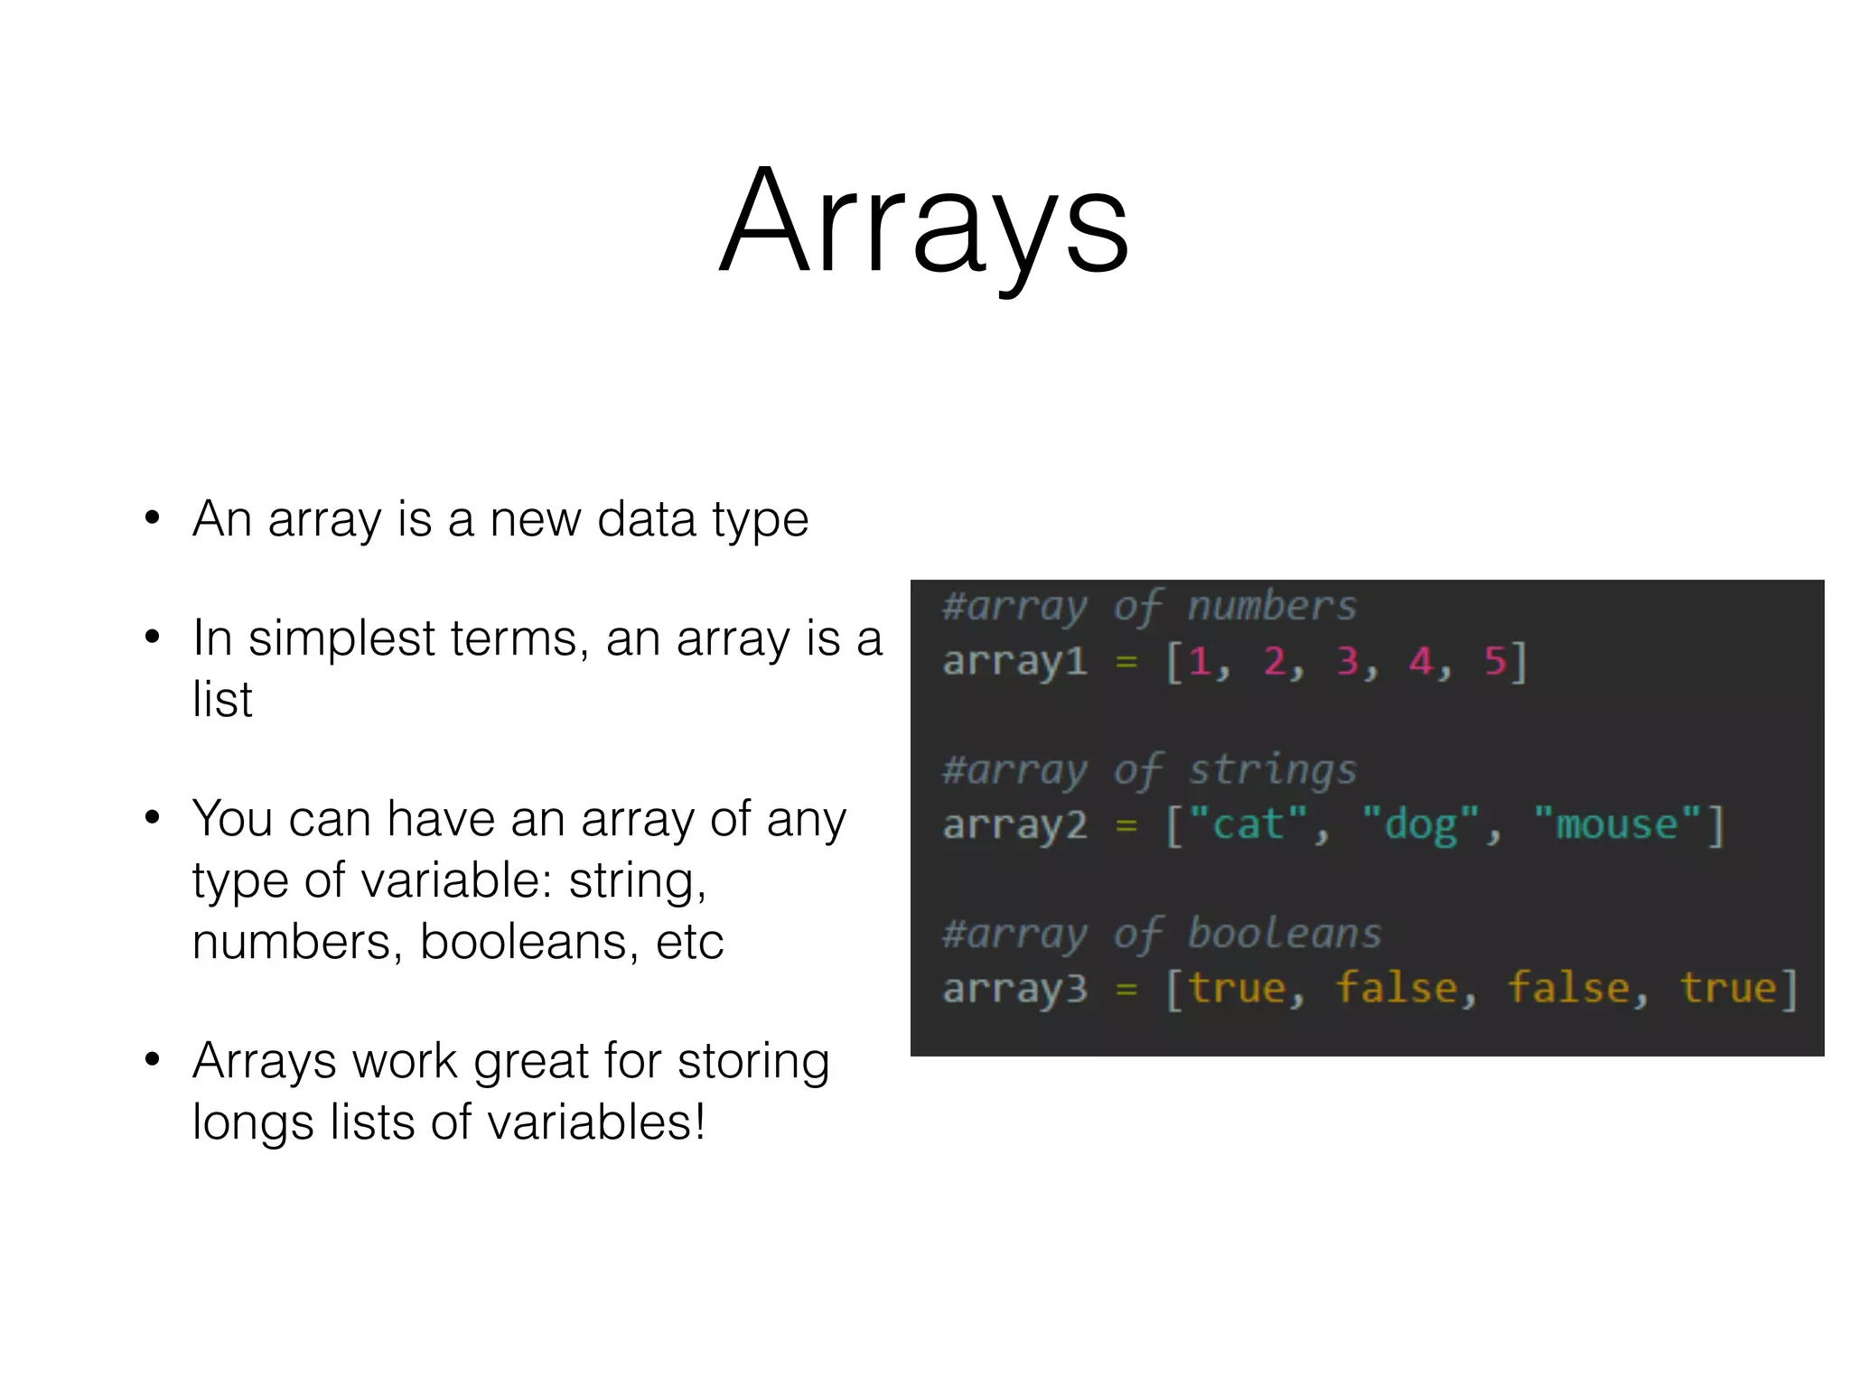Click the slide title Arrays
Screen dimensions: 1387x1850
pyautogui.click(x=923, y=221)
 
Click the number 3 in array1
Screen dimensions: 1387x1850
pyautogui.click(x=1348, y=661)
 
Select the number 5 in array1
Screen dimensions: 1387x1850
pyautogui.click(x=1495, y=661)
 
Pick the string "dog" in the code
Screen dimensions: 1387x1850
pyautogui.click(x=1421, y=824)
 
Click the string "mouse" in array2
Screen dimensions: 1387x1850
pyautogui.click(x=1617, y=824)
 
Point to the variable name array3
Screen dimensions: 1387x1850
pyautogui.click(x=1014, y=989)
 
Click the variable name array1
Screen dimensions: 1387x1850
pyautogui.click(x=1014, y=662)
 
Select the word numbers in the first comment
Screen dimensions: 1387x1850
pyautogui.click(x=1272, y=606)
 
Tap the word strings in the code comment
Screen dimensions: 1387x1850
pyautogui.click(x=1272, y=770)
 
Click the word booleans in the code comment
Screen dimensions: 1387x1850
pyautogui.click(x=1285, y=934)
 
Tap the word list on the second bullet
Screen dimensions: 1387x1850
pyautogui.click(x=222, y=699)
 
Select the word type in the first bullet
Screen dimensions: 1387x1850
pyautogui.click(x=760, y=520)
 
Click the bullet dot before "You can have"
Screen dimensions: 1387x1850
pyautogui.click(x=153, y=818)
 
